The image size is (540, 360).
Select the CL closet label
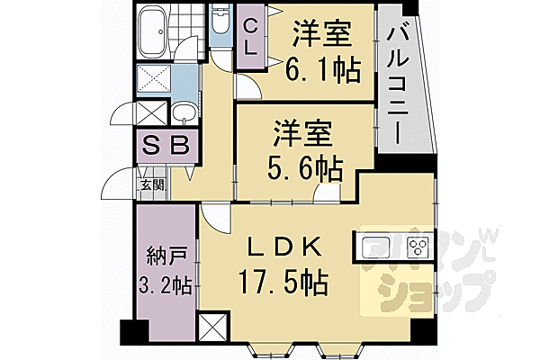[252, 39]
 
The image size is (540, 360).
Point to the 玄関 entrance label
[152, 186]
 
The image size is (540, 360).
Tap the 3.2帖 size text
[165, 286]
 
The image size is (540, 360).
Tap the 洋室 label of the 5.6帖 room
[304, 133]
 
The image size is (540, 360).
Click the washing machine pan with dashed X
[155, 79]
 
